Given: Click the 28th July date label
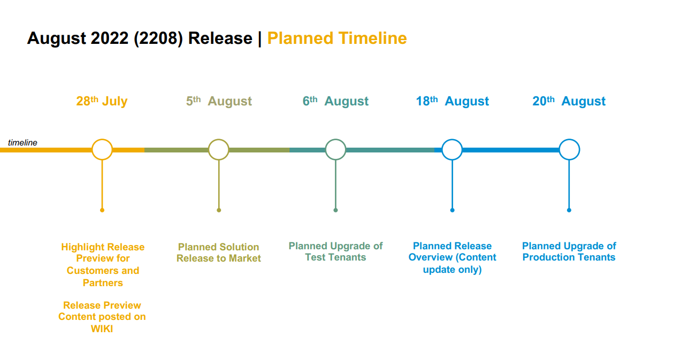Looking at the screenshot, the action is click(102, 101).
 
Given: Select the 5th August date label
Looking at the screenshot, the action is click(219, 101).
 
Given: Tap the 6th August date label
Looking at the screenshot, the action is click(335, 101).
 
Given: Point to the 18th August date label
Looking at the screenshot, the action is click(453, 101).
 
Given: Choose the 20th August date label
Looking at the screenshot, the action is click(569, 101).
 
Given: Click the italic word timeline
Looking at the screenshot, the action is click(22, 143).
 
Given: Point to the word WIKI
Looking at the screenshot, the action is click(102, 329).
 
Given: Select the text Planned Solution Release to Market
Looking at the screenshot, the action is click(219, 252).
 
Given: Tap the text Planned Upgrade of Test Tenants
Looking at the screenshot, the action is click(335, 251).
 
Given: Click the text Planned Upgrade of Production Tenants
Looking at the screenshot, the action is click(569, 251).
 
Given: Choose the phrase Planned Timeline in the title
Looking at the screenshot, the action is click(337, 39).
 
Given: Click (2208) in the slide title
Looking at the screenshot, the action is click(158, 39).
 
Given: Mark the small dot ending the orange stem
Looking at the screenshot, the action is click(102, 210).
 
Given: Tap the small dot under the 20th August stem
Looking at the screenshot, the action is click(569, 210).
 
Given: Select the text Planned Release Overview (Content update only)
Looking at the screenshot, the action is click(453, 258).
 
